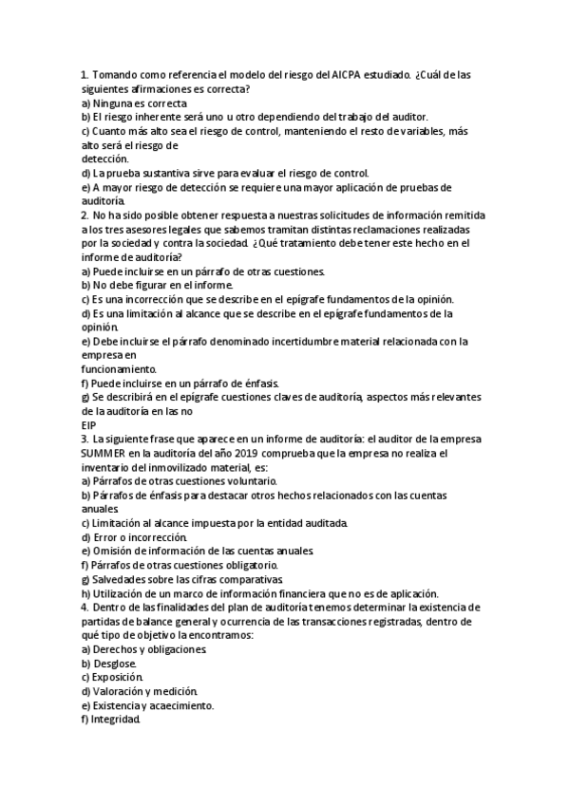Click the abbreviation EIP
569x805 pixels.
click(89, 426)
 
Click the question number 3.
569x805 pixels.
click(85, 440)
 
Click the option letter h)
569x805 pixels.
click(85, 593)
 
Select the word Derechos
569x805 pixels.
click(118, 649)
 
